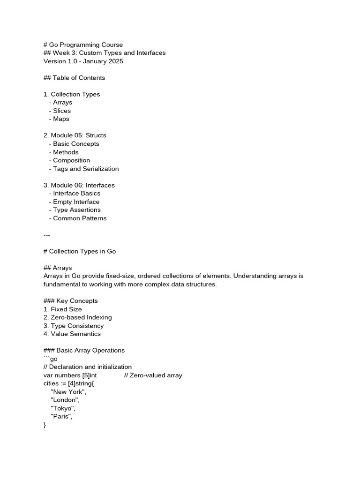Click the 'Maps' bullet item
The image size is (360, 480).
click(61, 119)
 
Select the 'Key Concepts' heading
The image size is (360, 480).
click(77, 301)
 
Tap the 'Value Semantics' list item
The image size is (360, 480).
click(75, 334)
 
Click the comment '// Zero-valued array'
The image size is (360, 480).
click(153, 375)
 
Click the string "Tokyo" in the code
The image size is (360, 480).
click(63, 408)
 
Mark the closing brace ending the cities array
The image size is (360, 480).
click(45, 425)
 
